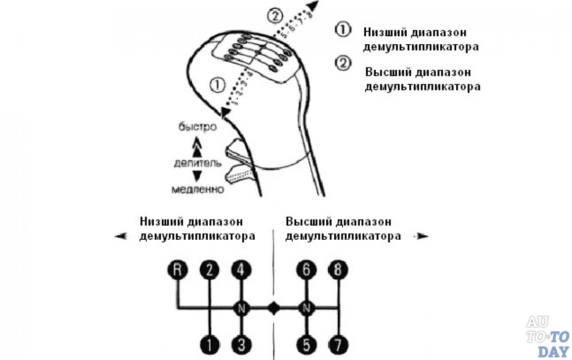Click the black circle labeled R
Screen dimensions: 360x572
pos(178,270)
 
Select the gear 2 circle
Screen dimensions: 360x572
pos(210,270)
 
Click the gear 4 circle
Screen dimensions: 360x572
pos(241,270)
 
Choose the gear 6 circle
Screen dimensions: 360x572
pos(307,270)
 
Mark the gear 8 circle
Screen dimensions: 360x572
pos(338,270)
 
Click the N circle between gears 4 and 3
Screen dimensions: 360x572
pos(241,308)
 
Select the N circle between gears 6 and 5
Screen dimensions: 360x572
pos(307,308)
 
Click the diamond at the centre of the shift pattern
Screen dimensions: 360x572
pos(273,308)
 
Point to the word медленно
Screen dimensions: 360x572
pos(198,190)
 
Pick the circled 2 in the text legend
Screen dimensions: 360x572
pos(342,63)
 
